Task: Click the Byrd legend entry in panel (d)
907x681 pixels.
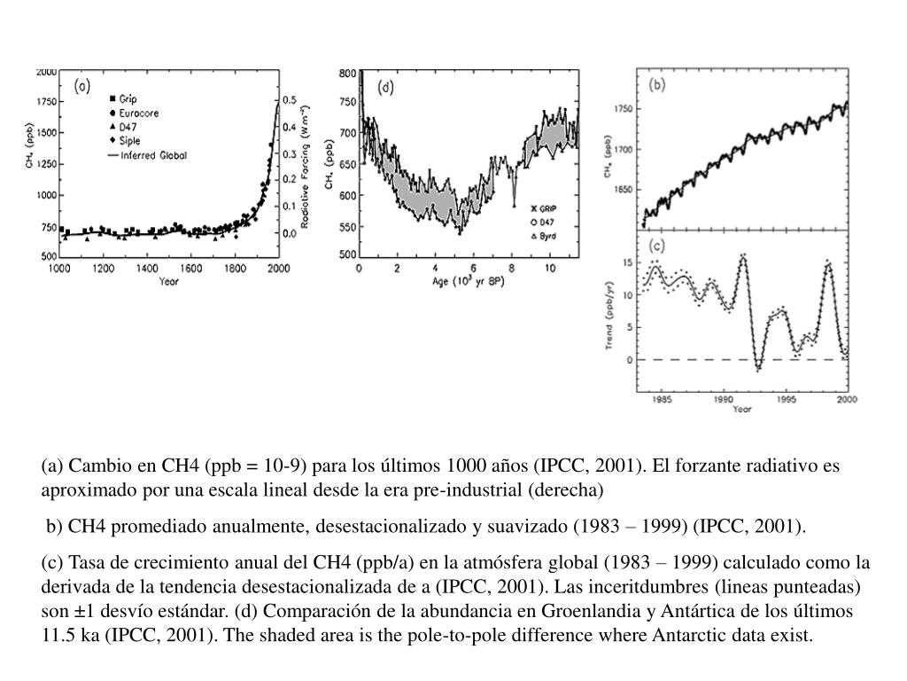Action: pos(550,237)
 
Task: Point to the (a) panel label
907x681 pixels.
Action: pos(81,86)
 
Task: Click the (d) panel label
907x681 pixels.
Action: pos(386,87)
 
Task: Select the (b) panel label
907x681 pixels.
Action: pos(657,85)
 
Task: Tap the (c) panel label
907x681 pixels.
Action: pos(657,245)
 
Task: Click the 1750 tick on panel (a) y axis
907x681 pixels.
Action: pos(44,102)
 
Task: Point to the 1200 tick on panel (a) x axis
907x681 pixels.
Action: pos(104,267)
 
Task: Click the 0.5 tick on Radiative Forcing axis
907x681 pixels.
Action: pos(290,101)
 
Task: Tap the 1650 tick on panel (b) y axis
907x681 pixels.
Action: pos(624,190)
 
